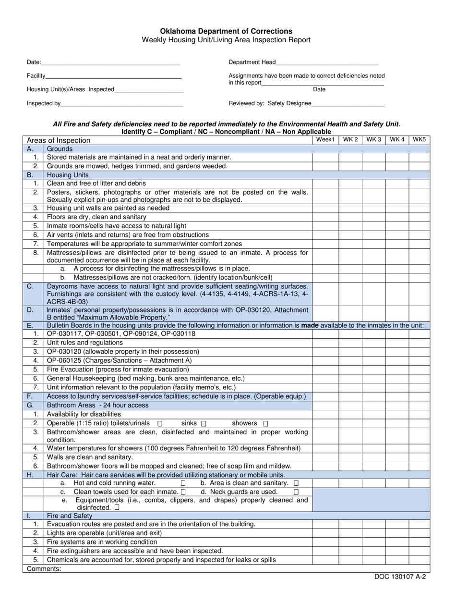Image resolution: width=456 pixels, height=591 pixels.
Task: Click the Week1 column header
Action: [x=325, y=139]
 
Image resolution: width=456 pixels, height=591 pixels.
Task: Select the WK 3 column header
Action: [x=373, y=139]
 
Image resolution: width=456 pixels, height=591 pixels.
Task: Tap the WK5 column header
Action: [x=419, y=139]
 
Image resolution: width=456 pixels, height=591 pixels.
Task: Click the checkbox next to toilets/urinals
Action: [x=160, y=423]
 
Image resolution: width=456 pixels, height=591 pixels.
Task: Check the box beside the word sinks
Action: [x=204, y=423]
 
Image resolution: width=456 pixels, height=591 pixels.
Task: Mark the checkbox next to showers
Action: [x=266, y=423]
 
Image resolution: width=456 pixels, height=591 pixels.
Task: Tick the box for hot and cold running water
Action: [x=183, y=483]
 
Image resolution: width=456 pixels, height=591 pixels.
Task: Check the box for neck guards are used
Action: [x=296, y=492]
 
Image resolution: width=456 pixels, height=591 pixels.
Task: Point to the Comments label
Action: [x=44, y=568]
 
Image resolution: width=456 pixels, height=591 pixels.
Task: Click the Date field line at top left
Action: [x=110, y=64]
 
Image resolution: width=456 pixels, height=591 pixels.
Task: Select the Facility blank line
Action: [x=113, y=78]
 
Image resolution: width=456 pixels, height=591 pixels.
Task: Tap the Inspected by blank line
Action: [x=122, y=105]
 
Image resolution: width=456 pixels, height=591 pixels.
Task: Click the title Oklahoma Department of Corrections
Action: [x=226, y=31]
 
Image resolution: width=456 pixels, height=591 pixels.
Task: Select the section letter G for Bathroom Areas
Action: [x=30, y=405]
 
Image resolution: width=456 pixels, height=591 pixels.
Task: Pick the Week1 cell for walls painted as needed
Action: [x=325, y=209]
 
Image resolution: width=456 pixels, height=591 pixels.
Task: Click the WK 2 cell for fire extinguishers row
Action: [x=350, y=551]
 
